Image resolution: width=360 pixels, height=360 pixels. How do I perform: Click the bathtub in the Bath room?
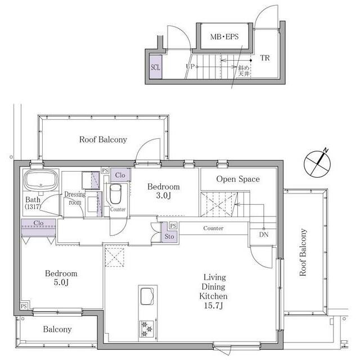[41, 181]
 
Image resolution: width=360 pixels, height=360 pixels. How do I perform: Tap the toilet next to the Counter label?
[115, 193]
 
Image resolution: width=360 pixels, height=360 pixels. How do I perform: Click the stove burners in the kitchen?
[147, 328]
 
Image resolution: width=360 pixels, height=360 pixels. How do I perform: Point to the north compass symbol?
[317, 164]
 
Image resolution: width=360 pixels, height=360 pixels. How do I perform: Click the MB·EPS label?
[224, 37]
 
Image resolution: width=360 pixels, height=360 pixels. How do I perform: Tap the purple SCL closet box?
[156, 67]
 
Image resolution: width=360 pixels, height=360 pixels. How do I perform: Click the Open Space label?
[238, 179]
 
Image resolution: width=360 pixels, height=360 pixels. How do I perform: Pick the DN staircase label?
[264, 235]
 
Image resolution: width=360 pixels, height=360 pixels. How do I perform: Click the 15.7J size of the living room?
[213, 305]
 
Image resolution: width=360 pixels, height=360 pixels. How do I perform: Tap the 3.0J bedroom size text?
[164, 196]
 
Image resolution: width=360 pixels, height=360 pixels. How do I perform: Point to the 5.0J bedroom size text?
[61, 282]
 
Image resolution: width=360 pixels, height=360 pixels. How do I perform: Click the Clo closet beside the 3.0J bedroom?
[120, 175]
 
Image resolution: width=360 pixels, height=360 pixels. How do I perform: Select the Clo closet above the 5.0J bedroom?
[38, 228]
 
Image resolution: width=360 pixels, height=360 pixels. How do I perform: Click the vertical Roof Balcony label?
[303, 252]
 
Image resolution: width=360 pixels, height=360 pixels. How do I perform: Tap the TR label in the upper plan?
[265, 58]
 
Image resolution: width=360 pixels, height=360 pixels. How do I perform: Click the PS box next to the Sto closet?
[173, 226]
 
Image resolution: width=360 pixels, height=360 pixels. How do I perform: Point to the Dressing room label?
[75, 198]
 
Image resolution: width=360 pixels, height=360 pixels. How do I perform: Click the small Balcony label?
[57, 330]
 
